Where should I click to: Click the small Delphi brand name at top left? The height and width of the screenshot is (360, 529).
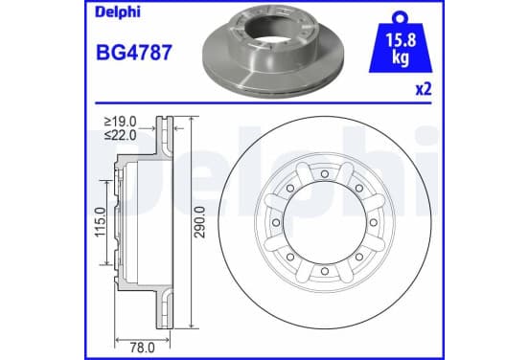click(x=118, y=12)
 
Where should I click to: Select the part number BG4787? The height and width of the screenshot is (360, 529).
click(x=134, y=53)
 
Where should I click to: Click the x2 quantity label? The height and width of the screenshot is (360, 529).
click(x=424, y=90)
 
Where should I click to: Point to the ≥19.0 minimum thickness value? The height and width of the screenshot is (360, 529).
click(x=121, y=121)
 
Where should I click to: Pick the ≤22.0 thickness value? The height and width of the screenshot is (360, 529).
click(x=121, y=135)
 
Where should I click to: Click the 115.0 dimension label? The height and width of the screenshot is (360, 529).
click(x=101, y=222)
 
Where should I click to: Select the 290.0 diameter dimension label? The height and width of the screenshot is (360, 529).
click(x=200, y=222)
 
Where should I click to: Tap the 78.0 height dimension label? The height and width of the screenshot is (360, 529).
click(x=143, y=348)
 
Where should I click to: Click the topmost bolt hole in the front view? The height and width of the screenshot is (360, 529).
click(x=325, y=174)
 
